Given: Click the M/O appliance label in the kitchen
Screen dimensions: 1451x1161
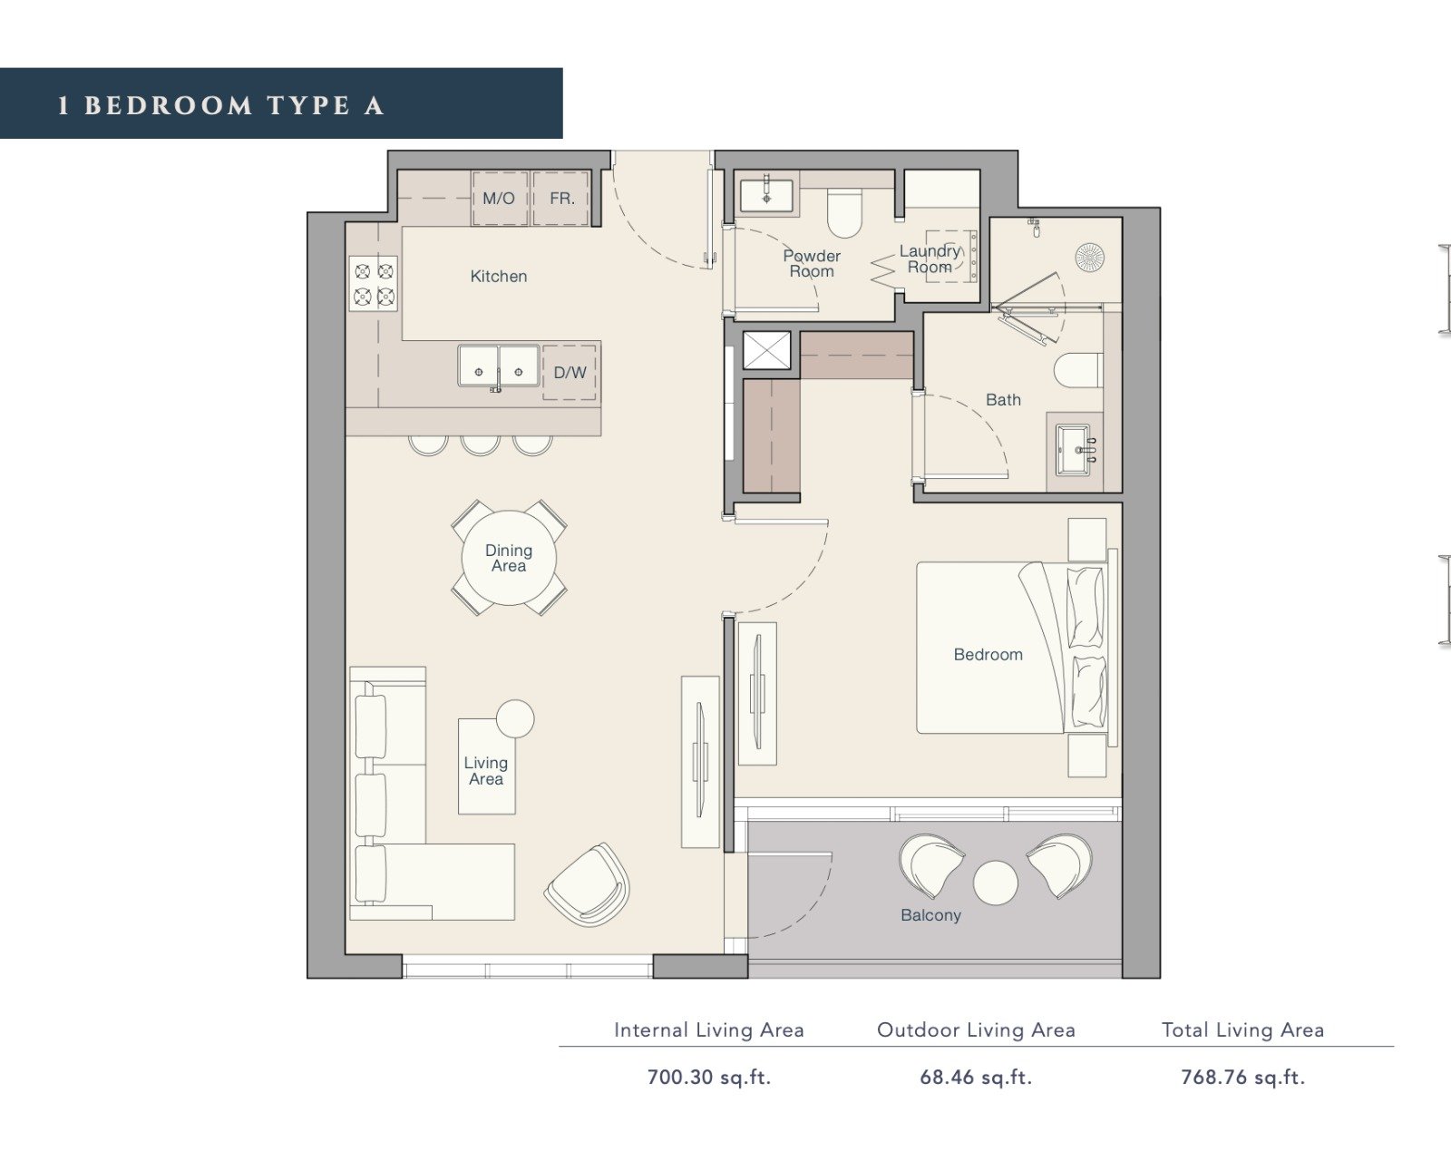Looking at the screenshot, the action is point(498,199).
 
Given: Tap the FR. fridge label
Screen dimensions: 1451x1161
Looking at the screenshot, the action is point(562,199).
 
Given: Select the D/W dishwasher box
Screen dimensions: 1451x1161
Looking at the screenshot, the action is point(570,373).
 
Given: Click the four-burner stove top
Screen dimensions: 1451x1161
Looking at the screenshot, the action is point(374,283).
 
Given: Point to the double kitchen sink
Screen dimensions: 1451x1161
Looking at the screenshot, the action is point(499,367).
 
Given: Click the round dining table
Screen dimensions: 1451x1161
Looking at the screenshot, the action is point(509,558).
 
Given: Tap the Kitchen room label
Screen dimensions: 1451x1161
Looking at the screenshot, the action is point(498,276).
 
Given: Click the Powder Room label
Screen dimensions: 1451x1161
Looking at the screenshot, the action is point(812,264).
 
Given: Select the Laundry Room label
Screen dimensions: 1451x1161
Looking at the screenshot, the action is point(930,259).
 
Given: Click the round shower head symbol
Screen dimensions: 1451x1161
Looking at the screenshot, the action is point(1089,257).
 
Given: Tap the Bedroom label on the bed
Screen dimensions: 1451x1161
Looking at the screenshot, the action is point(988,654).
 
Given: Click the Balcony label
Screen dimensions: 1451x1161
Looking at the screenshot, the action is point(930,915).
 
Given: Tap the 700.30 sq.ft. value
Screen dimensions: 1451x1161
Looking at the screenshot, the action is point(708,1078).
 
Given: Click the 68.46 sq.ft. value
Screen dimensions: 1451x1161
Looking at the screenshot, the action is point(976,1078).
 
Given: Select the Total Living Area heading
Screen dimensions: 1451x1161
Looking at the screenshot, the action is point(1242,1030).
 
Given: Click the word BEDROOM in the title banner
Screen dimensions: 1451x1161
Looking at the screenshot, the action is point(168,106).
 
